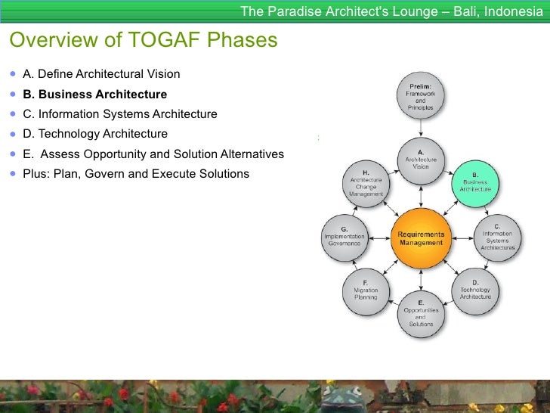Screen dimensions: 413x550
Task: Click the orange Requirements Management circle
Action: coord(421,238)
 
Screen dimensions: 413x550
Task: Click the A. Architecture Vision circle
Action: coord(421,160)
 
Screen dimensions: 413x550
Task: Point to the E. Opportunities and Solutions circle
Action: coord(421,314)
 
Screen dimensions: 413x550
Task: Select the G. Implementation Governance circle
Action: coord(345,238)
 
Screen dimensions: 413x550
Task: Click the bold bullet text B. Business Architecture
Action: coord(94,95)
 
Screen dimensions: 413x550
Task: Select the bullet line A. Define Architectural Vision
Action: coord(101,74)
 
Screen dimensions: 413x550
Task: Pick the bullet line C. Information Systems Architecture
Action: coord(119,114)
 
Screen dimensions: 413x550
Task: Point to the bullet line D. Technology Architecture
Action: coord(95,134)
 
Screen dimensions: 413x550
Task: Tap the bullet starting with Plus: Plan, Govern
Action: coord(136,173)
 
